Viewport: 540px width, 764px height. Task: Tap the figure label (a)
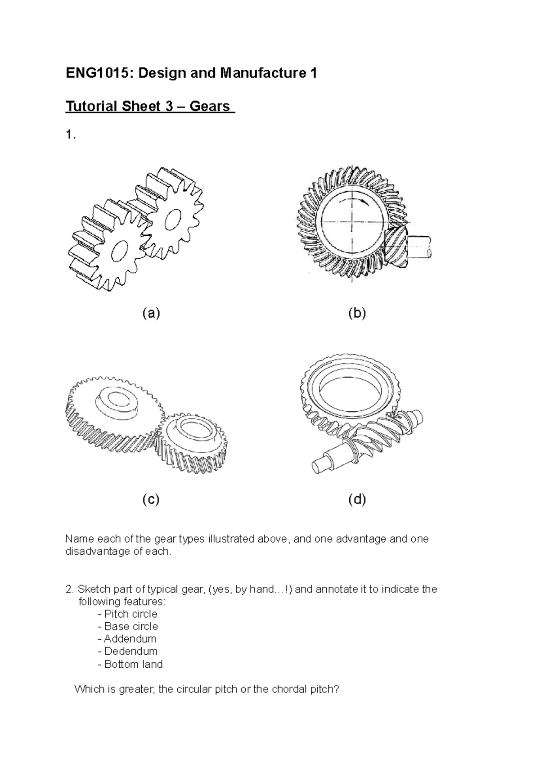tap(151, 314)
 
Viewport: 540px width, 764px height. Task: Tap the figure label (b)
tap(357, 314)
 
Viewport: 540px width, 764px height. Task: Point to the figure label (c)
tap(151, 499)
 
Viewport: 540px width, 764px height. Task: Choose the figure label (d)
tap(357, 499)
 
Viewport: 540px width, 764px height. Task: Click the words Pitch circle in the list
tap(130, 614)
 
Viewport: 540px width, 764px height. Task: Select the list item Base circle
tap(131, 626)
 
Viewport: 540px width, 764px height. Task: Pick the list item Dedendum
tap(130, 651)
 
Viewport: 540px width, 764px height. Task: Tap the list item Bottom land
tap(133, 664)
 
